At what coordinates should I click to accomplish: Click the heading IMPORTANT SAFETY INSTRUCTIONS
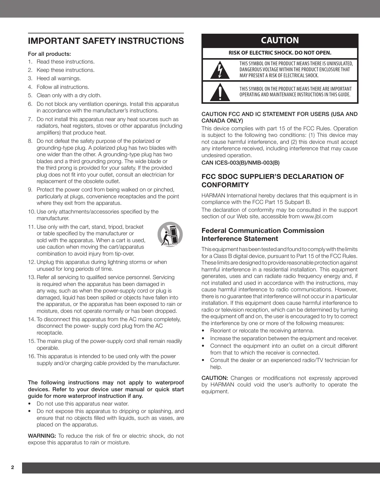[106, 41]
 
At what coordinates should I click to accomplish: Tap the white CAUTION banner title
[280, 41]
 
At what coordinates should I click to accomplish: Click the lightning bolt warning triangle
[220, 70]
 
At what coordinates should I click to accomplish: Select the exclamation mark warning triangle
[220, 93]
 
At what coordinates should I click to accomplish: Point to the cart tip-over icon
[170, 234]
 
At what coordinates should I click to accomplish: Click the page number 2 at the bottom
[13, 467]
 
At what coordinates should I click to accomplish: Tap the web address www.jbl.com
[317, 216]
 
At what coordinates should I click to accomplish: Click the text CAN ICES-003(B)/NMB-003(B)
[241, 163]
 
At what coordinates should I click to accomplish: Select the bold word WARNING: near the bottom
[41, 436]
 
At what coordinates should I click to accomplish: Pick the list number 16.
[31, 356]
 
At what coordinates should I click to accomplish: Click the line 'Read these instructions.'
[66, 62]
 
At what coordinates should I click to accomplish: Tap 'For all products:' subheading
[49, 54]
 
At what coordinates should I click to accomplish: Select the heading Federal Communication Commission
[263, 230]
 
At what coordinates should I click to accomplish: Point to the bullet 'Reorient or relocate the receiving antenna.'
[262, 331]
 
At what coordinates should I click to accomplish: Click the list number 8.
[30, 141]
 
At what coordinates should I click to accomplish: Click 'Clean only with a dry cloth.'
[69, 95]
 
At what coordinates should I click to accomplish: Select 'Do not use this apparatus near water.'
[83, 404]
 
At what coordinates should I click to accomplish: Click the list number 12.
[31, 262]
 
